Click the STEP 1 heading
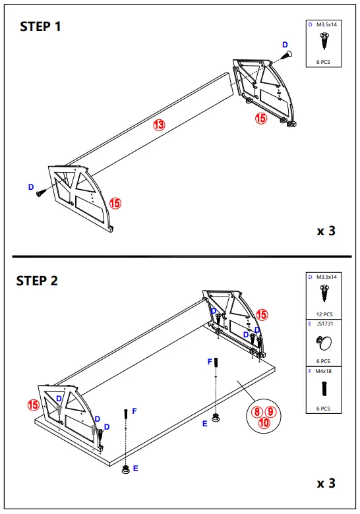41,27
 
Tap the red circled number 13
159,124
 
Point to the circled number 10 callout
264,423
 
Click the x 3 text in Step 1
326,231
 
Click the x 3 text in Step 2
326,484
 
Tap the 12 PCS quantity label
323,314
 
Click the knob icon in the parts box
323,343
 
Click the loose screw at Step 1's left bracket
41,192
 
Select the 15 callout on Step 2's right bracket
262,314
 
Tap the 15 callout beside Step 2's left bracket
33,405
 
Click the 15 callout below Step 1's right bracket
260,119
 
